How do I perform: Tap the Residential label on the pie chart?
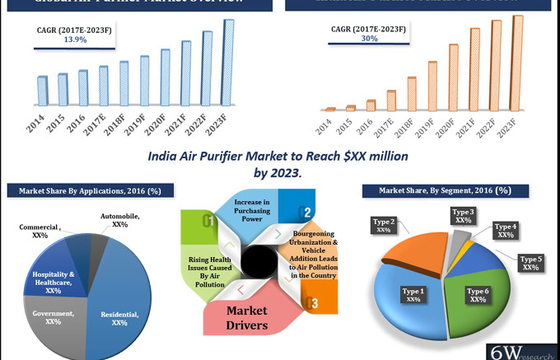(x=119, y=318)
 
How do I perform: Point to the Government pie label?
(x=54, y=317)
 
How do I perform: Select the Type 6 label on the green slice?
(x=477, y=295)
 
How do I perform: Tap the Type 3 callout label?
(x=463, y=216)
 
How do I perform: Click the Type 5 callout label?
(x=530, y=263)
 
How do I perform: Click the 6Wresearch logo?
(x=522, y=350)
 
